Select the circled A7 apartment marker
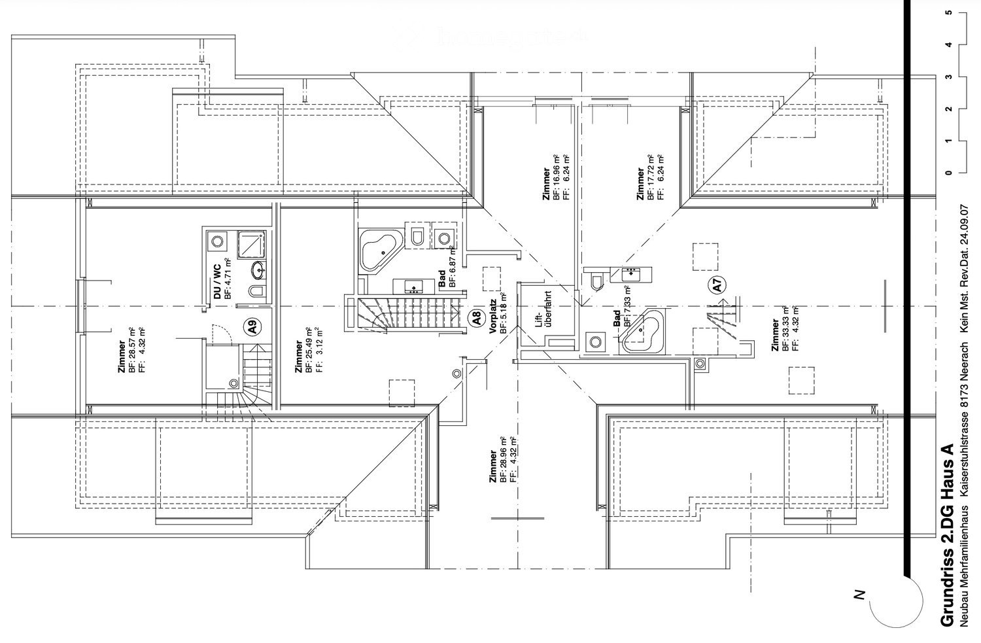point(717,285)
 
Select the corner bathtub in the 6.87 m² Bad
point(377,249)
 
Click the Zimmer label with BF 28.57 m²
point(122,357)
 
